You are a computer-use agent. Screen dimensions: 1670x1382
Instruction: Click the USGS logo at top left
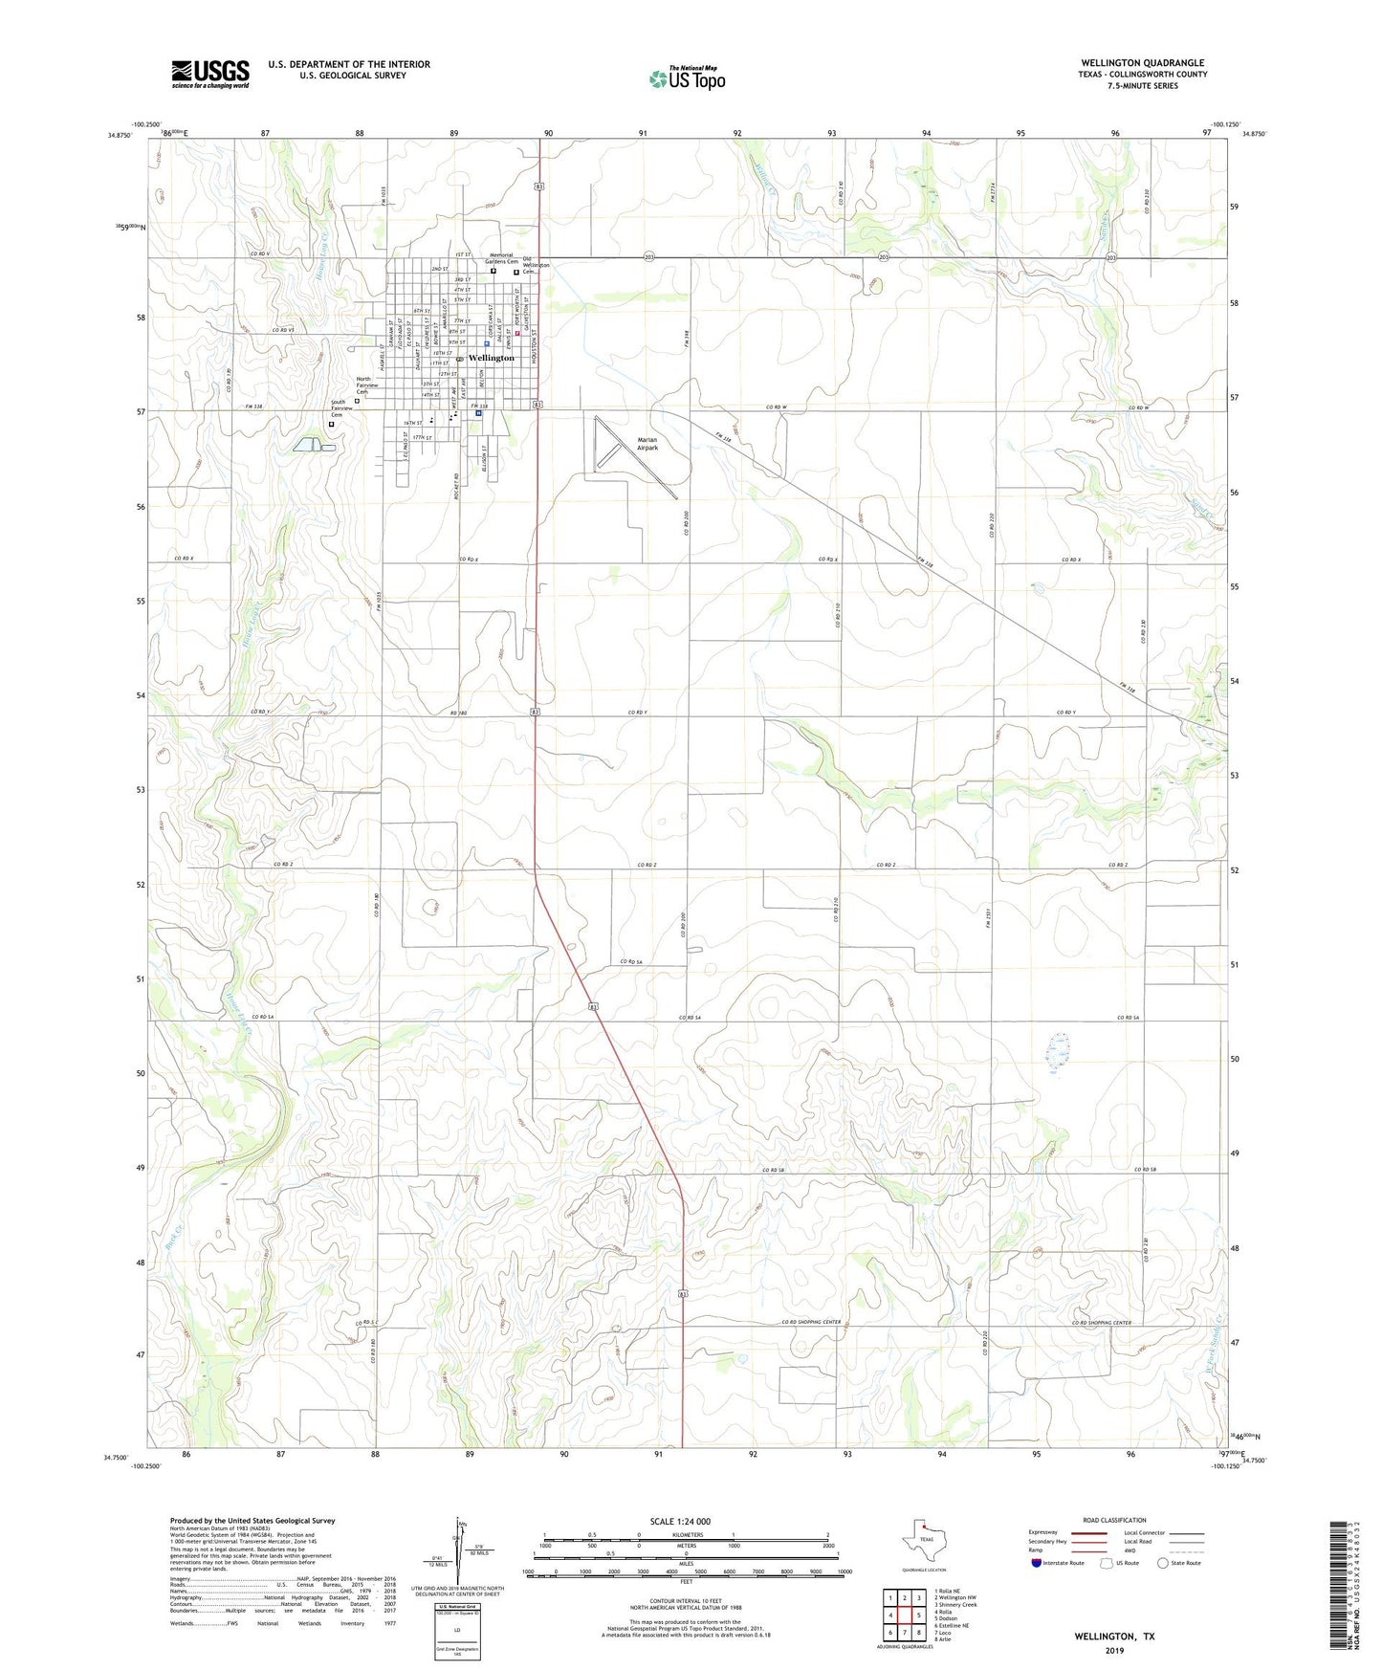pyautogui.click(x=210, y=74)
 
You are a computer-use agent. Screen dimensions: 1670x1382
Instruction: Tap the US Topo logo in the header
pyautogui.click(x=687, y=78)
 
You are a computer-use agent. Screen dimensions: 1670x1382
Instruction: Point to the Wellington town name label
pyautogui.click(x=492, y=358)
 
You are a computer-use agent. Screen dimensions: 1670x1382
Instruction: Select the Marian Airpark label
pyautogui.click(x=647, y=444)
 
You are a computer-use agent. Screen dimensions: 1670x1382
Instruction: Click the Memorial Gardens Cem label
pyautogui.click(x=500, y=258)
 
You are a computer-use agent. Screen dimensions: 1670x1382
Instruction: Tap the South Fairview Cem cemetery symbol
pyautogui.click(x=332, y=424)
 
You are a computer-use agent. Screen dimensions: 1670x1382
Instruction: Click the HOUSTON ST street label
pyautogui.click(x=536, y=339)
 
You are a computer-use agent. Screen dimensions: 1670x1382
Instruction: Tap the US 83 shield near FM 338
pyautogui.click(x=539, y=405)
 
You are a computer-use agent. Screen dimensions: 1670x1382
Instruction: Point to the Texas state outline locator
pyautogui.click(x=923, y=1540)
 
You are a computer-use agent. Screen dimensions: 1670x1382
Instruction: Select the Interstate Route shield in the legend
pyautogui.click(x=1038, y=1563)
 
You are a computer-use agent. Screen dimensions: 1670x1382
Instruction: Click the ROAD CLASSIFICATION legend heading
pyautogui.click(x=1114, y=1520)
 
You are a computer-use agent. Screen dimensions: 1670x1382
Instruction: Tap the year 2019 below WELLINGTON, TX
pyautogui.click(x=1114, y=1650)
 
